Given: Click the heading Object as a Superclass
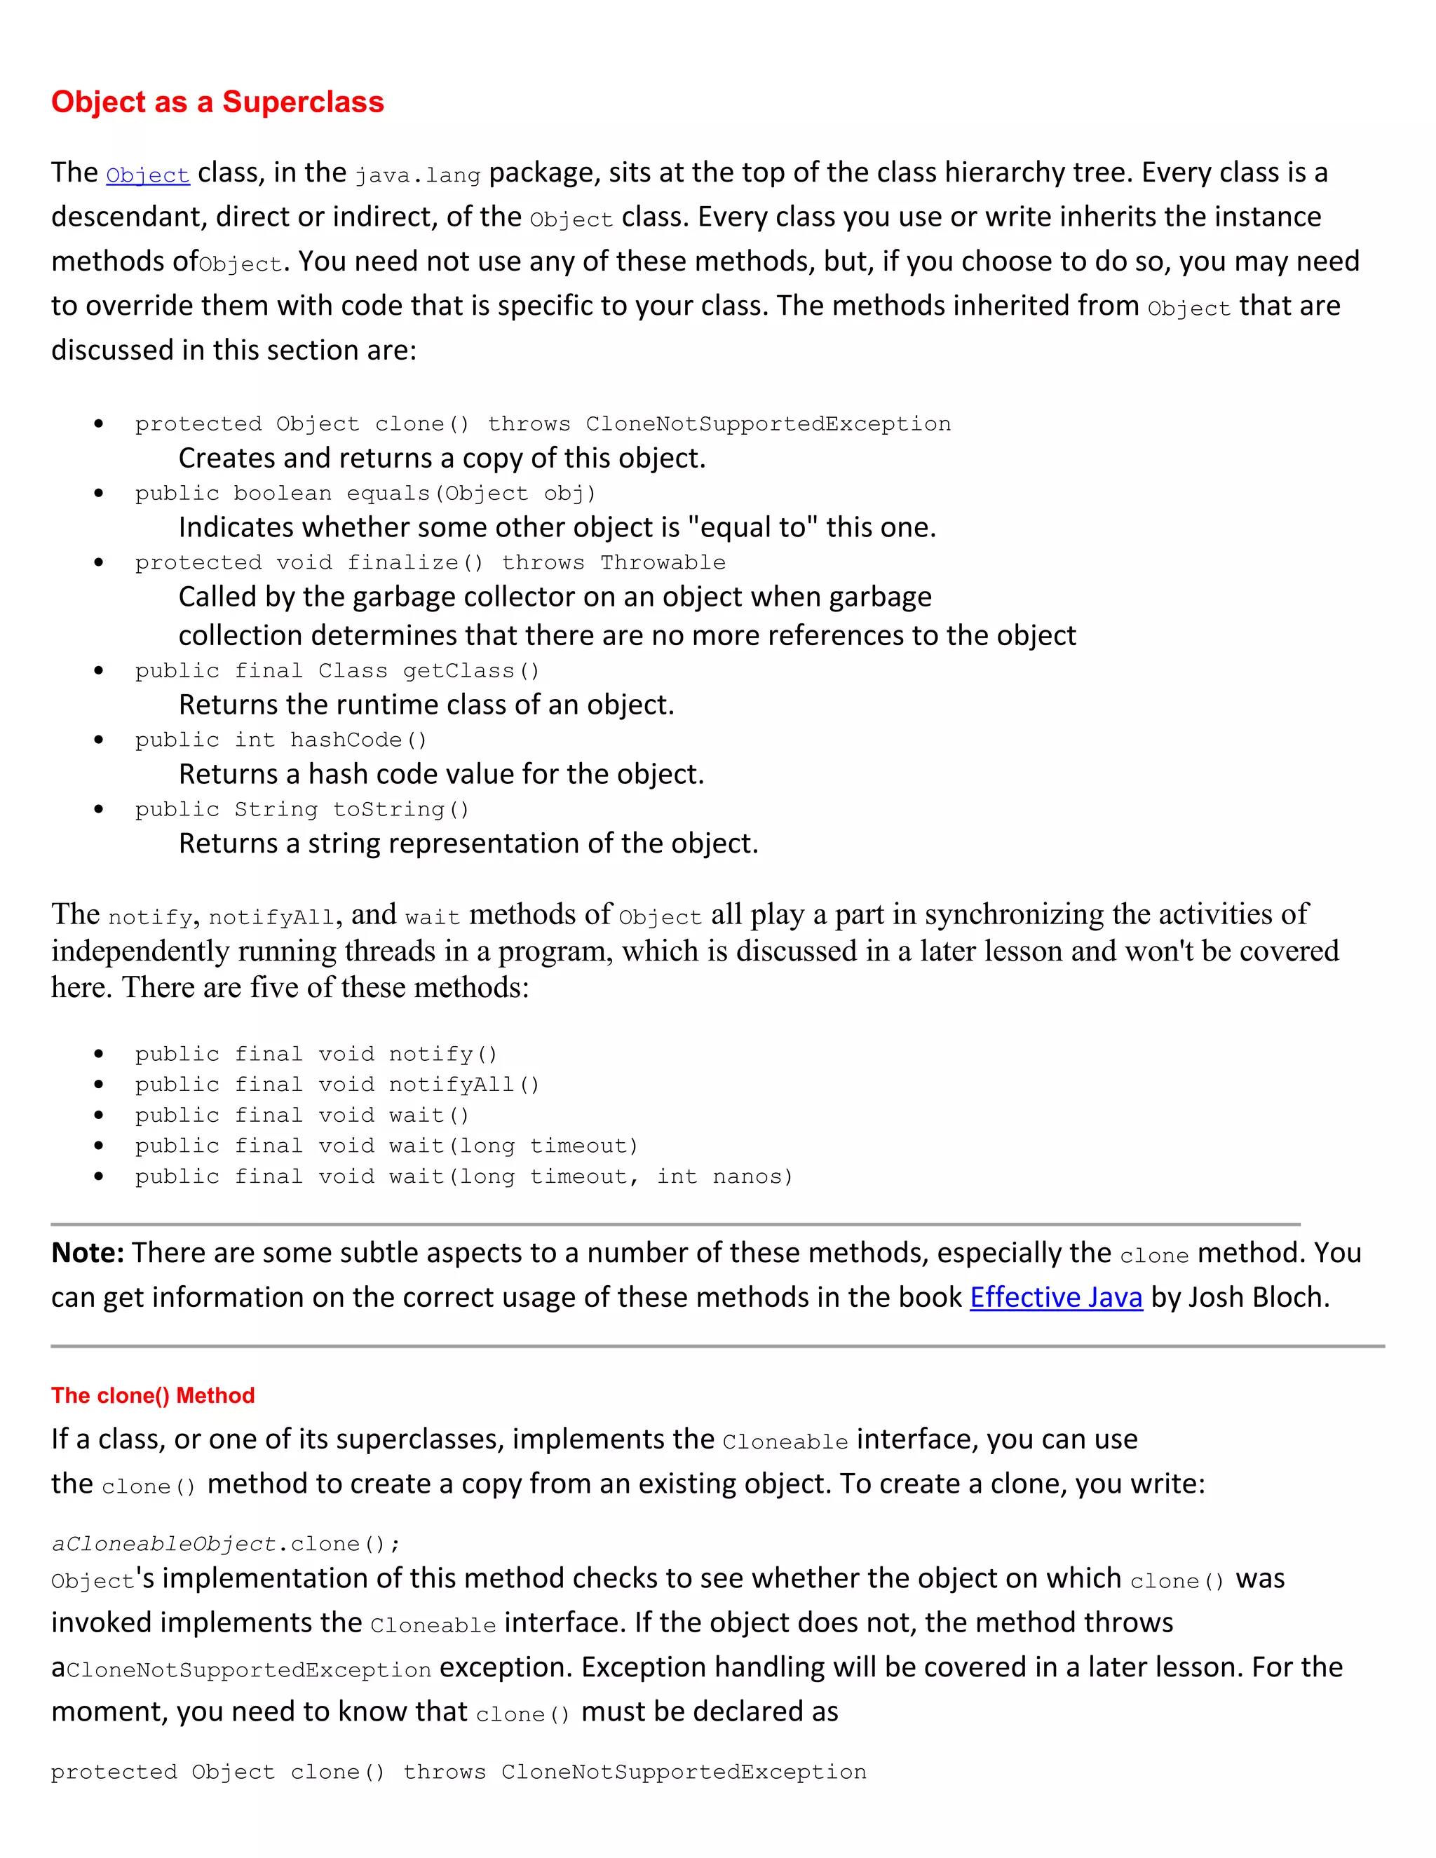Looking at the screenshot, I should click(218, 102).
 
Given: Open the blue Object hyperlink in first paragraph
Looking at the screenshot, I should click(147, 175).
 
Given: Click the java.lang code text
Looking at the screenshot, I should click(418, 175).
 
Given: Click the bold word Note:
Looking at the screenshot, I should click(88, 1253).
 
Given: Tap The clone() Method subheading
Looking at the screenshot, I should click(153, 1396).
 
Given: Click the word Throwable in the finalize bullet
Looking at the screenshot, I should click(663, 562).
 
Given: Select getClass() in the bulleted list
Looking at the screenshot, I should click(471, 670).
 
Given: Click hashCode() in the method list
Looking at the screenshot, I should click(358, 740).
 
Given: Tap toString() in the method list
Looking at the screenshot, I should click(400, 809).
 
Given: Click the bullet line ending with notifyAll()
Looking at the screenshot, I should click(337, 1085).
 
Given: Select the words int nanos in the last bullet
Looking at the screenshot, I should click(724, 1176).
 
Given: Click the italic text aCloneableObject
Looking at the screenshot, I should click(164, 1544).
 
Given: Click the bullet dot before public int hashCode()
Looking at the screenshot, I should click(100, 740).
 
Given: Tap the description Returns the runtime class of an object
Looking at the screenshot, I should click(426, 705).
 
